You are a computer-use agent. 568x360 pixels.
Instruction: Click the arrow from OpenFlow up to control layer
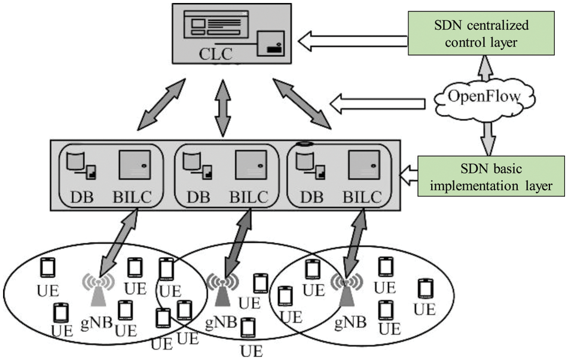click(x=486, y=69)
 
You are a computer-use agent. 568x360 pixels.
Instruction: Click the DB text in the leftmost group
click(x=81, y=197)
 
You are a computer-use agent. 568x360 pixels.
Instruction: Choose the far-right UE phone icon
click(x=425, y=289)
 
